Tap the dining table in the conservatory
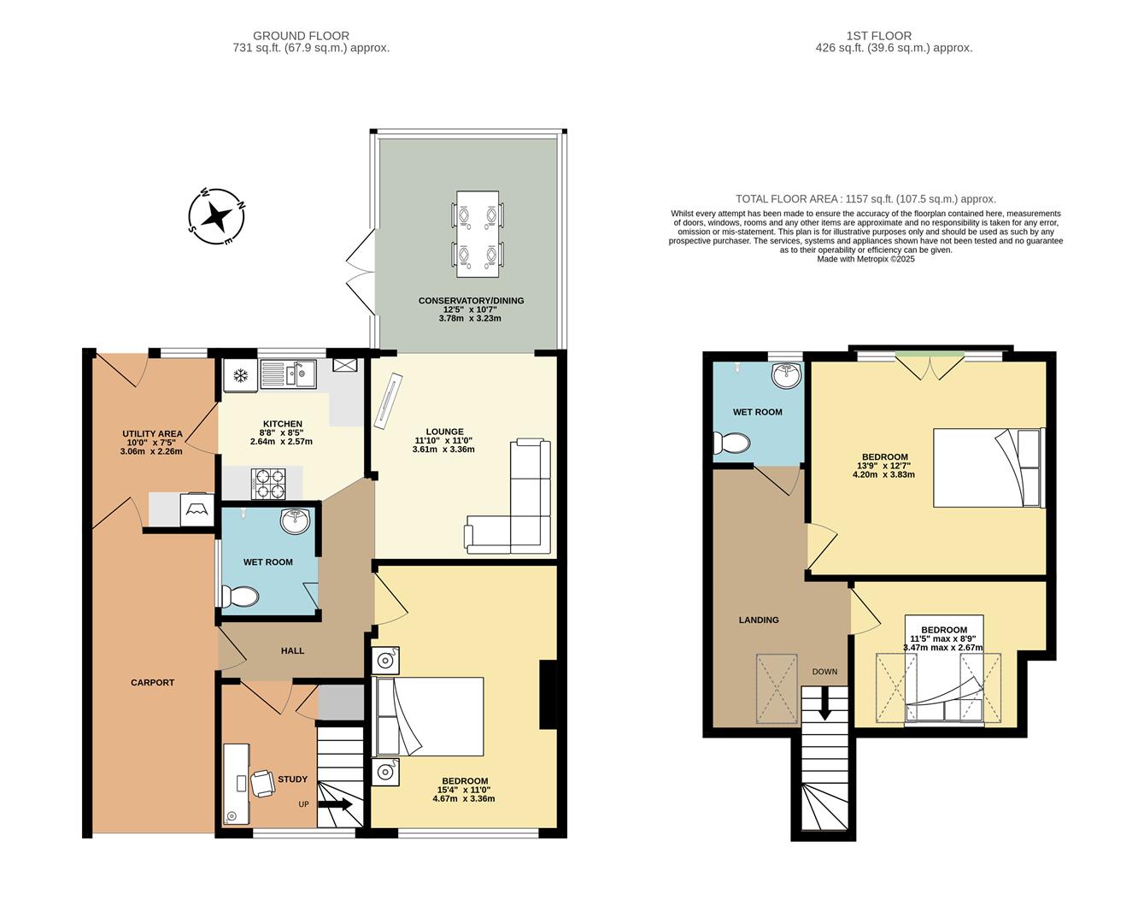[x=478, y=233]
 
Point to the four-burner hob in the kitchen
[x=268, y=483]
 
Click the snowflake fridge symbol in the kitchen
[x=241, y=375]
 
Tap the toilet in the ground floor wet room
[x=240, y=596]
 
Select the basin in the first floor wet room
[x=786, y=374]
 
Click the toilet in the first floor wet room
[x=732, y=443]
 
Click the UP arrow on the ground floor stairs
[x=336, y=804]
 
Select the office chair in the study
[x=261, y=783]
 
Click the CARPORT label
[x=152, y=682]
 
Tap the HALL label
[x=292, y=650]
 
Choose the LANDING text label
[x=759, y=620]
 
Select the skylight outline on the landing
[x=777, y=689]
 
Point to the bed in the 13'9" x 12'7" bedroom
[x=988, y=467]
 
